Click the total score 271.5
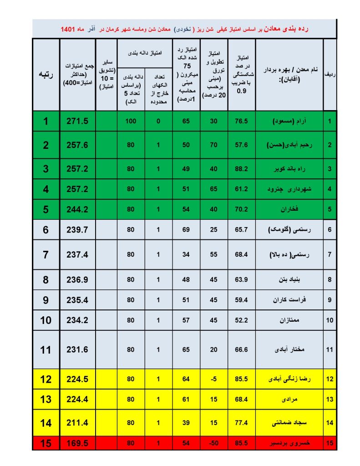77,122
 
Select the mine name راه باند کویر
289,169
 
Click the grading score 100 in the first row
131,122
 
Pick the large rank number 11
46,349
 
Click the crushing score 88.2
241,169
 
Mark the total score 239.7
77,230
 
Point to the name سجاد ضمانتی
289,423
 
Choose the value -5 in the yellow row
214,379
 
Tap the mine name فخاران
289,210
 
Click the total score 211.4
77,423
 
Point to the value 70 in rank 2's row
214,145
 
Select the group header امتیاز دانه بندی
145,53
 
